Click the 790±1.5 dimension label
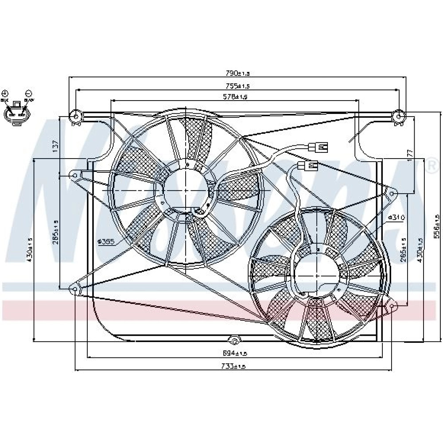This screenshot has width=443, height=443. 238,73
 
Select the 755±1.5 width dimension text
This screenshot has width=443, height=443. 238,85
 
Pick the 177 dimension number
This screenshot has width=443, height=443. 410,154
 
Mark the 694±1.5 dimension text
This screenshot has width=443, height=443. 234,353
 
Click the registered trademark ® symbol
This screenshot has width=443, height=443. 431,167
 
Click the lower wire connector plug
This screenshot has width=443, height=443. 308,166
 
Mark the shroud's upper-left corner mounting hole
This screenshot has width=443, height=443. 75,117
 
